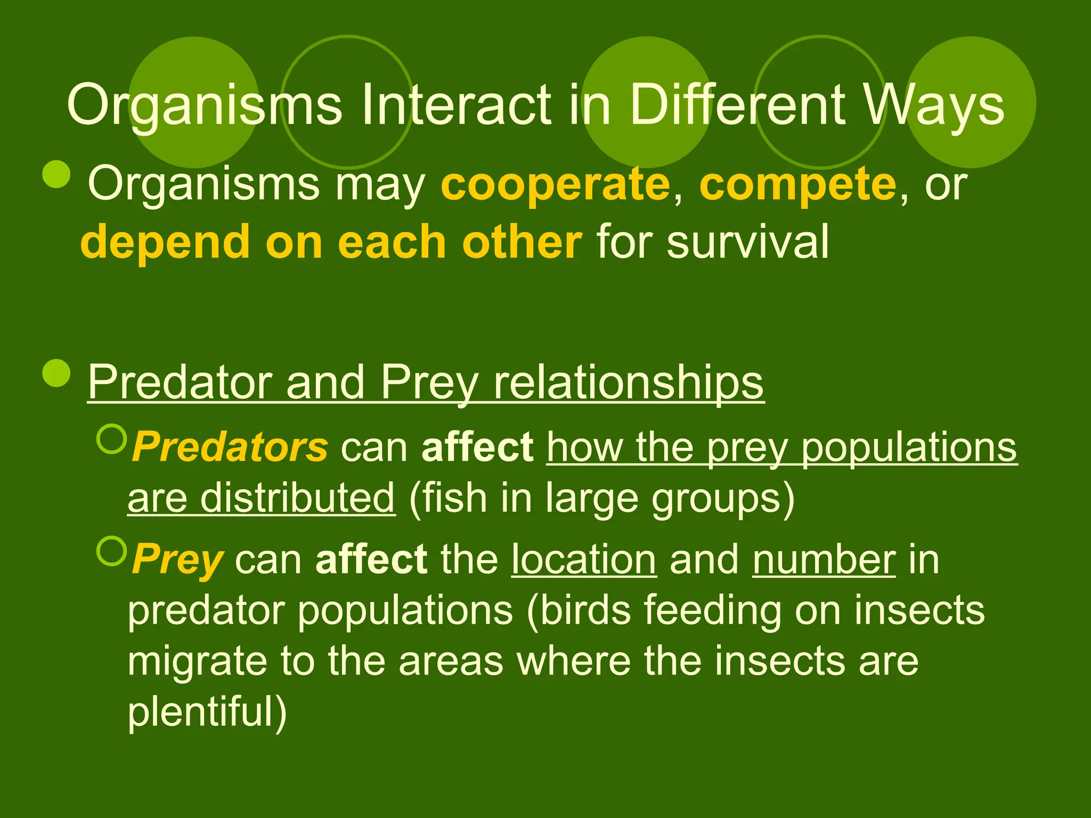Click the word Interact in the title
(456, 105)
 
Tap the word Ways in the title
(933, 105)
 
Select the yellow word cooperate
(555, 184)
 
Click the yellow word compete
(798, 184)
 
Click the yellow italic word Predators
(230, 447)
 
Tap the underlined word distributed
(297, 498)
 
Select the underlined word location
(584, 560)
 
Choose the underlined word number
(824, 560)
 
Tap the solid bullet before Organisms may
(56, 174)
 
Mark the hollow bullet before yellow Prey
(112, 551)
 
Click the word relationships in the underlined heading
(629, 382)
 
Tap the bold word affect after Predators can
(477, 447)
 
